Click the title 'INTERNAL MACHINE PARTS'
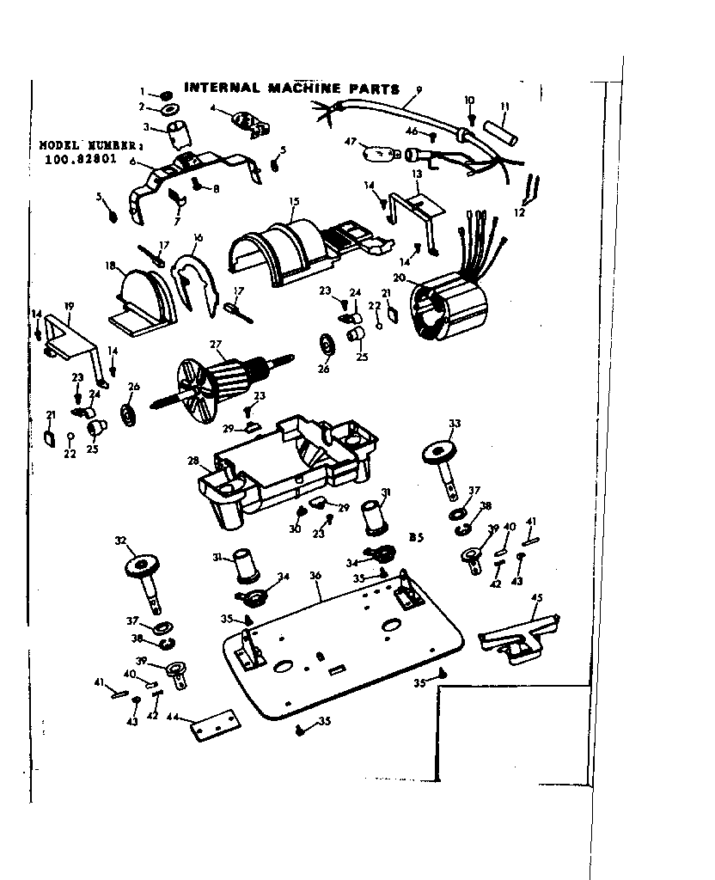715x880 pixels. tap(292, 89)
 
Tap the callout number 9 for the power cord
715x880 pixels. tap(419, 89)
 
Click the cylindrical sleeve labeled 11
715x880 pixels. tap(500, 134)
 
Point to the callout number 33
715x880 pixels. tap(455, 423)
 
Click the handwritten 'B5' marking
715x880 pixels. tap(417, 539)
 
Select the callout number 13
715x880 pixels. tap(416, 175)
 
